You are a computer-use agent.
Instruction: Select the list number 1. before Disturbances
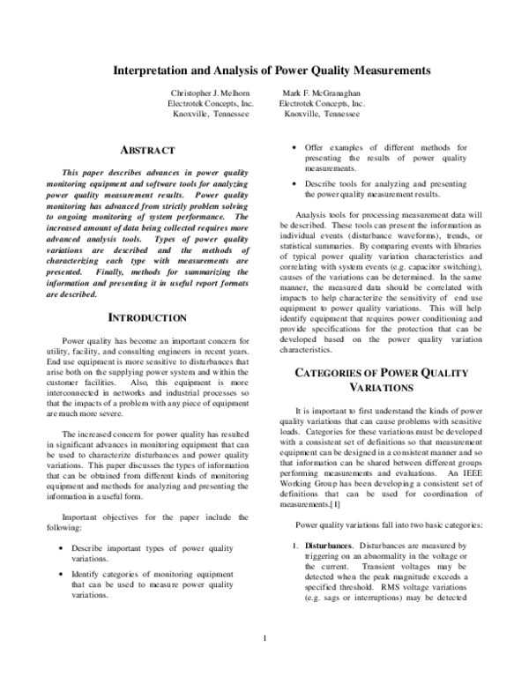(x=298, y=546)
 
